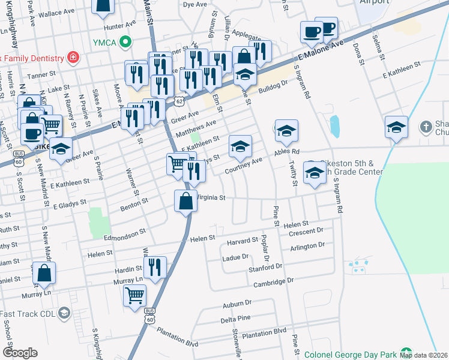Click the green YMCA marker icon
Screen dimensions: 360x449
click(x=125, y=41)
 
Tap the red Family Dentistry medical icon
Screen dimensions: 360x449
click(x=73, y=58)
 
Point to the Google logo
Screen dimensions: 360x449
click(x=20, y=353)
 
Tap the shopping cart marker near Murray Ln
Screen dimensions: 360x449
click(x=134, y=295)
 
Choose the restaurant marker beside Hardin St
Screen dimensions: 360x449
click(x=155, y=267)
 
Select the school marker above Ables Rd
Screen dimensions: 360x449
click(x=286, y=130)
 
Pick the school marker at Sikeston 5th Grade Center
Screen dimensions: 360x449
click(x=314, y=172)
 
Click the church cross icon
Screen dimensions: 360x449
click(x=426, y=127)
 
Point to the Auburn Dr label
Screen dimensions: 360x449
click(x=235, y=305)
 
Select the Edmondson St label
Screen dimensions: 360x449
click(x=126, y=231)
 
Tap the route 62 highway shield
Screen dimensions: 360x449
click(x=179, y=102)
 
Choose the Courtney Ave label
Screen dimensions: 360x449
click(x=243, y=166)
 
